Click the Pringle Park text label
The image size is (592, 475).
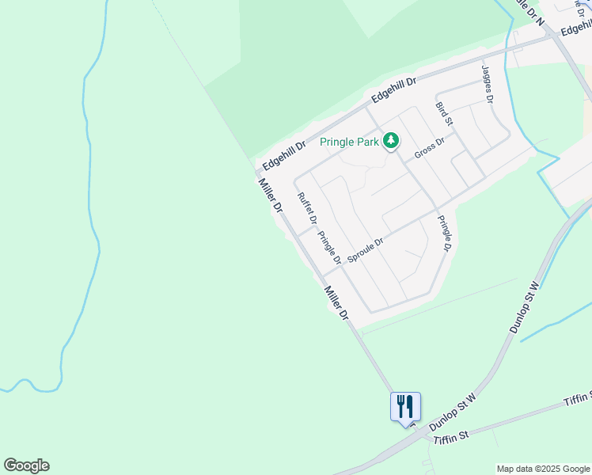[x=349, y=142]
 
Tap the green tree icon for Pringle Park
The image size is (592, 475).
[x=390, y=142]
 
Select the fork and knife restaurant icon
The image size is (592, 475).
[x=405, y=407]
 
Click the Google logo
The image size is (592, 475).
[x=26, y=465]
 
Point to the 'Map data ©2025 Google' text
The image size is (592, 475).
[x=543, y=469]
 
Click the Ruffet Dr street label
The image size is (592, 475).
[x=307, y=208]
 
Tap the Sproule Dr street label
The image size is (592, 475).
[x=366, y=250]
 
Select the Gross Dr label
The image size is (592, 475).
[x=430, y=147]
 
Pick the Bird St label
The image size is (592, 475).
[x=444, y=114]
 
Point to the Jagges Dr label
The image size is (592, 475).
[x=488, y=85]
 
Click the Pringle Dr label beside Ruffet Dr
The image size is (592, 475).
[x=329, y=247]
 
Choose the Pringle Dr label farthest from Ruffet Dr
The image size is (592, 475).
[x=445, y=234]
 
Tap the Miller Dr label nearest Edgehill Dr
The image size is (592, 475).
[x=270, y=196]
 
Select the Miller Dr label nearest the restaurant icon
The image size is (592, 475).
[x=336, y=303]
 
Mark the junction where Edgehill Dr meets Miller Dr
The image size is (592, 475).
[x=258, y=171]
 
